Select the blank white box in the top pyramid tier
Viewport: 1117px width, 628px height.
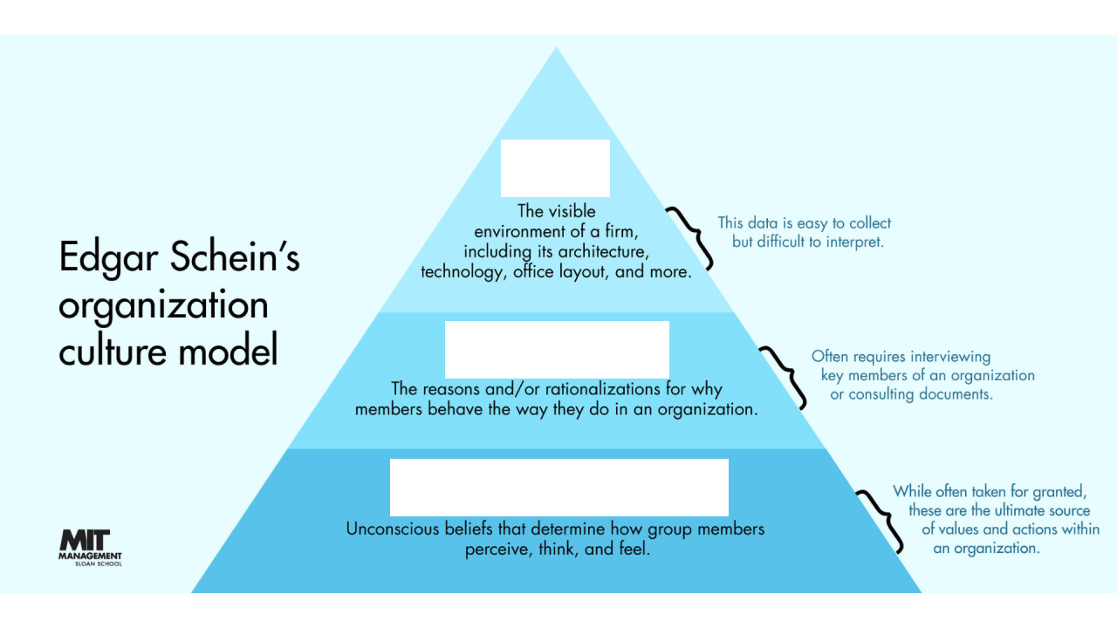(555, 167)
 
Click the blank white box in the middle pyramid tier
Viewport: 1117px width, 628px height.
(557, 349)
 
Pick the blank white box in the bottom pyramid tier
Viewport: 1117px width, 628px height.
(558, 487)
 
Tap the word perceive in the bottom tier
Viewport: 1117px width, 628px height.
(498, 550)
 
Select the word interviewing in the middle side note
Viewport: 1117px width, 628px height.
(950, 357)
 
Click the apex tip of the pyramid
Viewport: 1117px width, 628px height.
(557, 50)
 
